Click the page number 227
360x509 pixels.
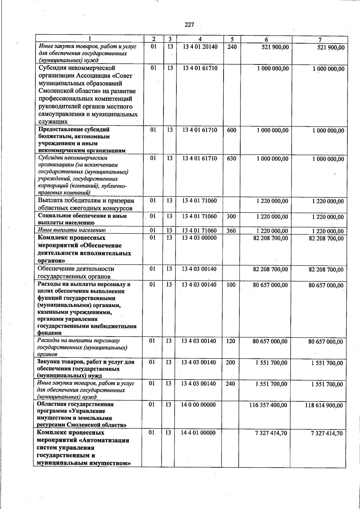189,25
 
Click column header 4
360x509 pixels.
200,39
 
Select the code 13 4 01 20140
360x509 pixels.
200,47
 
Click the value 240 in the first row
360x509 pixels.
232,47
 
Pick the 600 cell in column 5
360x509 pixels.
232,130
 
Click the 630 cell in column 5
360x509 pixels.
231,158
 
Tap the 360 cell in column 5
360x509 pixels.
231,231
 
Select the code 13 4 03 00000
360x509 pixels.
199,238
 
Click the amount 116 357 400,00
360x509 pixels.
268,405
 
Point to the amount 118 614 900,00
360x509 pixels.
324,406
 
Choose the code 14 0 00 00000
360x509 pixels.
198,405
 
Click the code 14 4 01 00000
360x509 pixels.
198,433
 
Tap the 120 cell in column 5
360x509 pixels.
230,341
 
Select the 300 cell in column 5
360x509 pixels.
231,216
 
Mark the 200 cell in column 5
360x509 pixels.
230,362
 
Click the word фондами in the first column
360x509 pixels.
49,333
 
